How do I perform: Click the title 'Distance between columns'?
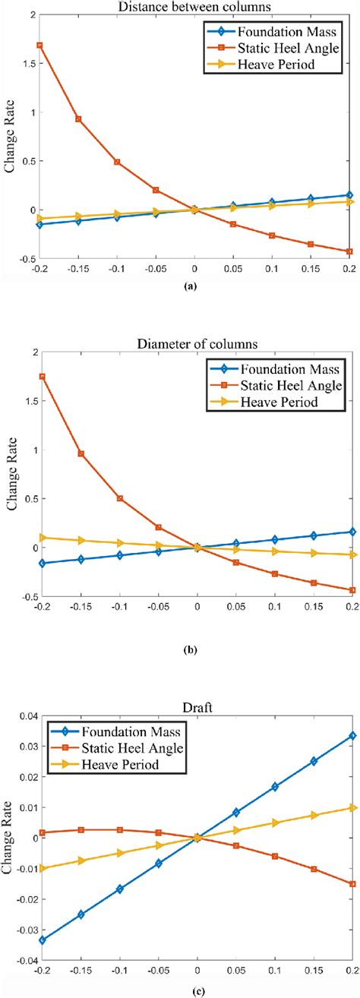click(194, 7)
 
